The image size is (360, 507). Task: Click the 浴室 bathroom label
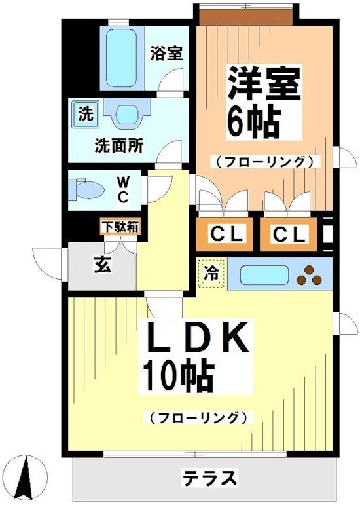166,53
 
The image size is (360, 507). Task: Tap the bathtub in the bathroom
124,58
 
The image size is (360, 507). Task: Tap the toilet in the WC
88,189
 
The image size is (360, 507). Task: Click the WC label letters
122,189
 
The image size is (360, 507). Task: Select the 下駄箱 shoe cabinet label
119,227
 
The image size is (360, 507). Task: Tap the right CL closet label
289,234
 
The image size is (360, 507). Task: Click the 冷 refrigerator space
211,273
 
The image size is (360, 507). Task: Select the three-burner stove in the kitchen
308,276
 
